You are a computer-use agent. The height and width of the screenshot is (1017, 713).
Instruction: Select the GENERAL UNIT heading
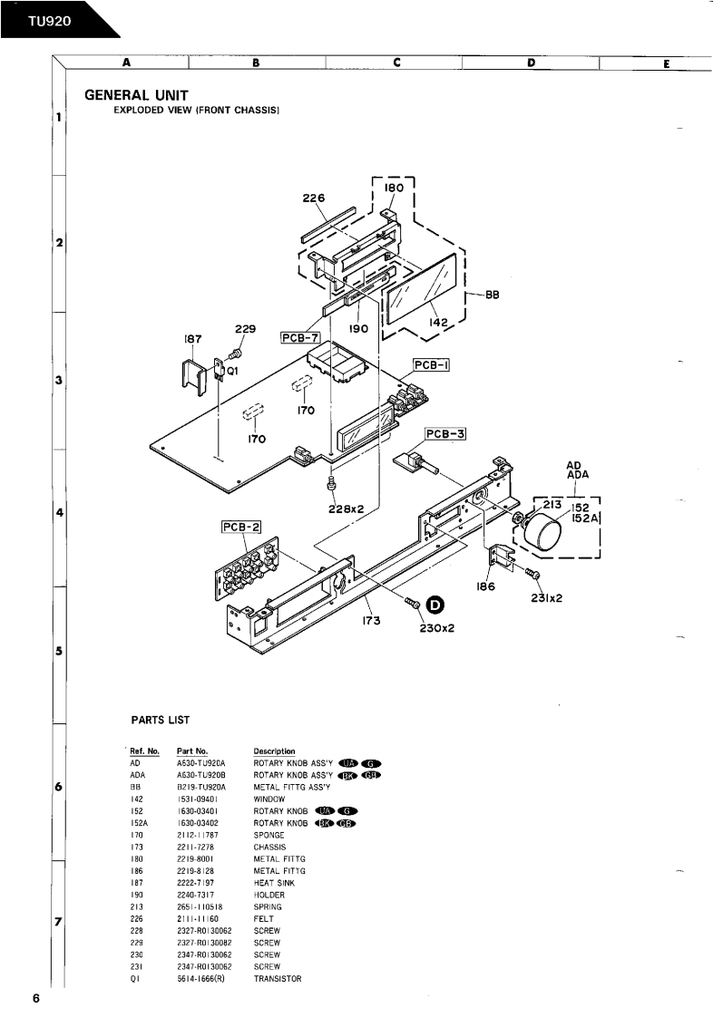[x=136, y=94]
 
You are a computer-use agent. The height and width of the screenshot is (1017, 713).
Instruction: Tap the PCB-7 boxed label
[x=300, y=337]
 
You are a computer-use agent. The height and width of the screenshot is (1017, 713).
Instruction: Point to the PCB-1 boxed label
[x=432, y=364]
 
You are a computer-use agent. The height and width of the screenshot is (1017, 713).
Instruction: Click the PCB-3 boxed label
[x=445, y=434]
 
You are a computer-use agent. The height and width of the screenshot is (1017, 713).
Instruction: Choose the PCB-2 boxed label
[x=241, y=528]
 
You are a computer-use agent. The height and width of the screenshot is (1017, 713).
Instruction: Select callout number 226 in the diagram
[x=314, y=196]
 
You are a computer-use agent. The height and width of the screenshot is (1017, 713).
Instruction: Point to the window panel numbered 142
[x=423, y=286]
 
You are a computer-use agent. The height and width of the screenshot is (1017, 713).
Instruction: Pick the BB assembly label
[x=493, y=294]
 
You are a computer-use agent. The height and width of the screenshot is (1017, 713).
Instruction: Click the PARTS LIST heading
[x=161, y=720]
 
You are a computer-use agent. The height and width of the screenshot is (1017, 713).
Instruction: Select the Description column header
[x=274, y=751]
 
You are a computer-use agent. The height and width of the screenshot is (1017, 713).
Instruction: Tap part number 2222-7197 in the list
[x=196, y=882]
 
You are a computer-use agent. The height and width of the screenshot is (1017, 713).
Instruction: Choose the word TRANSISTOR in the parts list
[x=278, y=978]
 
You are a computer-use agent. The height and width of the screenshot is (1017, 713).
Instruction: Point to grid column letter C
[x=396, y=63]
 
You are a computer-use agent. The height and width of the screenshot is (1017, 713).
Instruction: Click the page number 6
[x=35, y=998]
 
